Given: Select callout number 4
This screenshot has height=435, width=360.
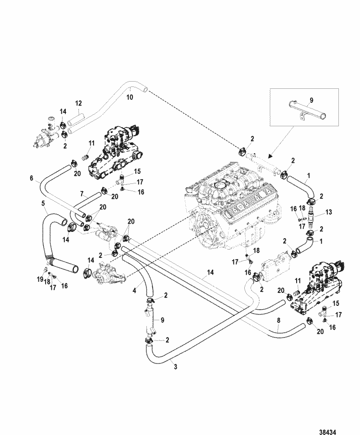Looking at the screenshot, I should [x=134, y=290].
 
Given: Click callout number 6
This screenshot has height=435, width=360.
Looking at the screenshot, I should [x=32, y=178].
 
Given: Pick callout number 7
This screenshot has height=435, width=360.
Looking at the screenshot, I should [x=83, y=194].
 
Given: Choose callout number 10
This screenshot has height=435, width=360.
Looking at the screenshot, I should [x=128, y=97].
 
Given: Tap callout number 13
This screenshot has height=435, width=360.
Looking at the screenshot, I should [x=328, y=211].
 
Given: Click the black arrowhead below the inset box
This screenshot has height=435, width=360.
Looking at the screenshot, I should [x=270, y=156].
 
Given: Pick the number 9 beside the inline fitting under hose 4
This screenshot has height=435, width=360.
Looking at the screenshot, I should [x=161, y=319].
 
